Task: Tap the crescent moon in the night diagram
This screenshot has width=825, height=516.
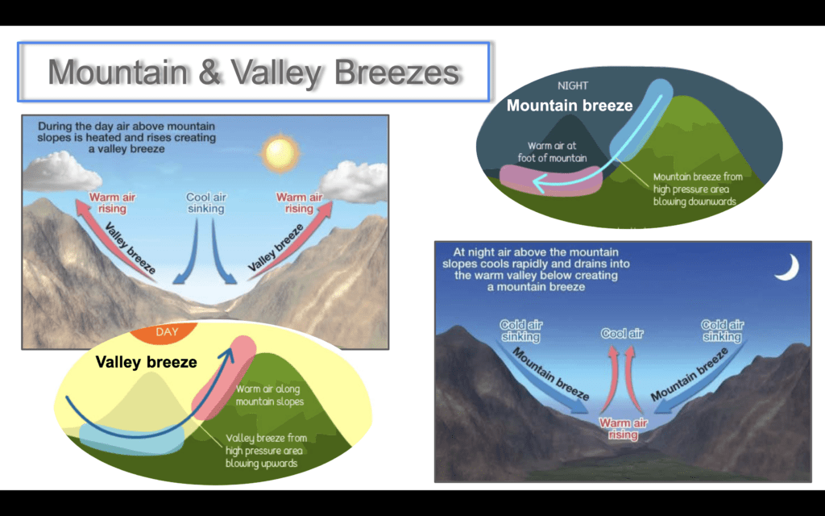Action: (x=790, y=268)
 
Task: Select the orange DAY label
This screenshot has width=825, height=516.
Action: (x=167, y=331)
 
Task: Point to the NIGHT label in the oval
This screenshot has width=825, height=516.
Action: (x=573, y=85)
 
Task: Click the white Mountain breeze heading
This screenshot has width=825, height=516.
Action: (x=570, y=106)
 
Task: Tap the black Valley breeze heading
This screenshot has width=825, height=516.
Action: (x=147, y=362)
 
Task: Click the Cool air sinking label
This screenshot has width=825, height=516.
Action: (x=206, y=202)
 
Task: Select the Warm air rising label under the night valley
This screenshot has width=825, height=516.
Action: (x=623, y=429)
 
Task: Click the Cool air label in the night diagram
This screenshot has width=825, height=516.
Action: (x=622, y=333)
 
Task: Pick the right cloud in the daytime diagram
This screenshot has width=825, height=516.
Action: (x=354, y=181)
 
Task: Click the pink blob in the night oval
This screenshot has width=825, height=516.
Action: (x=549, y=181)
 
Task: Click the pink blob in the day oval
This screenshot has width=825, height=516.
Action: (x=224, y=377)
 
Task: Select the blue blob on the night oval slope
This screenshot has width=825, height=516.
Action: (x=641, y=120)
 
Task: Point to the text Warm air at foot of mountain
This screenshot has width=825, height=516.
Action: (x=552, y=152)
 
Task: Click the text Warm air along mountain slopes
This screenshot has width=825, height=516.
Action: (x=269, y=395)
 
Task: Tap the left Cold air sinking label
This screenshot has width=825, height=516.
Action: (x=521, y=331)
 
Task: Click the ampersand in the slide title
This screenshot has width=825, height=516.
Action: (x=209, y=72)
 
